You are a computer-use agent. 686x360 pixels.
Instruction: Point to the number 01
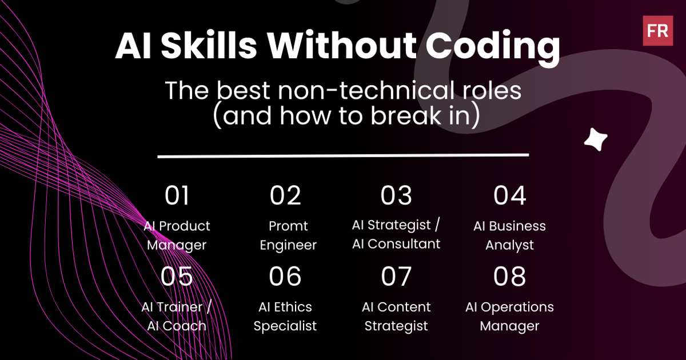pos(177,196)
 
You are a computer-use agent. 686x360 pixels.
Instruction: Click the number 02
pos(285,196)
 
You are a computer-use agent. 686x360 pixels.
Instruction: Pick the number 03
pos(396,196)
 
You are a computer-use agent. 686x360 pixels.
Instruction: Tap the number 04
pos(509,196)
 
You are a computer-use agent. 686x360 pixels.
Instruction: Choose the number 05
pos(177,277)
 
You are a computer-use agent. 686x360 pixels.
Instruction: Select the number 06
pos(285,277)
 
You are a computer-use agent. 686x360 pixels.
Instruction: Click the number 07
pos(396,277)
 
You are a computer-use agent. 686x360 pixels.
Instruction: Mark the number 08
pos(509,277)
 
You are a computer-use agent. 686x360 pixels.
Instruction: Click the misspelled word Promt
pos(288,226)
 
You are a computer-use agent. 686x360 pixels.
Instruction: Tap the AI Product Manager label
pos(177,235)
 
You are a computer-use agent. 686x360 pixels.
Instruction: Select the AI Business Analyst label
pos(509,235)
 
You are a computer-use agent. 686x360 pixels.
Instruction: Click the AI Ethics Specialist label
pos(285,317)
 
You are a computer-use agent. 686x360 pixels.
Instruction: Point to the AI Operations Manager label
pos(509,317)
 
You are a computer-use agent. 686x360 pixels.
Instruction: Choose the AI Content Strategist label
pos(396,317)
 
